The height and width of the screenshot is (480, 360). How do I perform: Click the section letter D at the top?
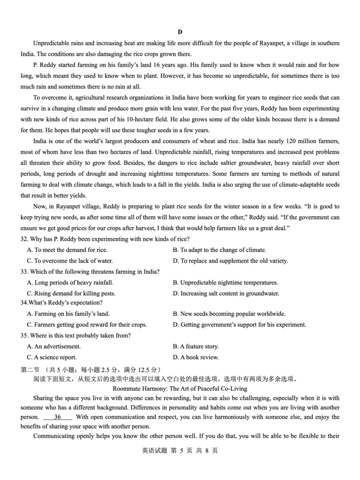coord(180,31)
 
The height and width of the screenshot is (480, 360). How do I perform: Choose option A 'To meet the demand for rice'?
coord(67,250)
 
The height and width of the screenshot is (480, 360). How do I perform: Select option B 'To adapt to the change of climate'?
coord(220,250)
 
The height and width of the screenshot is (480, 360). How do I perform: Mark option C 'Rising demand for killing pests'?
coord(71,293)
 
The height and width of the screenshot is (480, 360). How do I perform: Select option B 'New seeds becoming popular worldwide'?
coord(229,314)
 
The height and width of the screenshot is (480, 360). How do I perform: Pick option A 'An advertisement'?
coord(54,346)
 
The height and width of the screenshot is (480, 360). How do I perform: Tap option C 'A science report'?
coord(52,357)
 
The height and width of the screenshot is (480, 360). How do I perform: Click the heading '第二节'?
coord(30,369)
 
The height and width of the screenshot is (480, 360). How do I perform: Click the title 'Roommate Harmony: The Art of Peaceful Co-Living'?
coord(180,388)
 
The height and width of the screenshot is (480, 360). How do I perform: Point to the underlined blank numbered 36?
coord(57,417)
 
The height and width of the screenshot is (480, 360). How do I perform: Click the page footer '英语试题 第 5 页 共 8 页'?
coord(180,450)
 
